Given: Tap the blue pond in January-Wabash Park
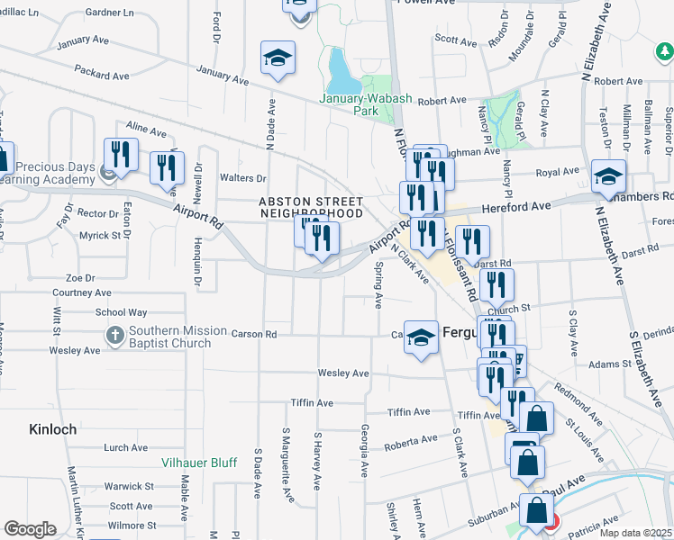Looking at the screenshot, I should pos(340,65).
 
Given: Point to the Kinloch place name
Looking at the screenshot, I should pos(52,429).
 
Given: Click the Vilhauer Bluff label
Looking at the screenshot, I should pos(199,463).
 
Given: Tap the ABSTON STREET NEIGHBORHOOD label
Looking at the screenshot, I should pos(311,207).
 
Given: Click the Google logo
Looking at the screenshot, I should pos(30,529).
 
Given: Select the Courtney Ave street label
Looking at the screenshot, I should pos(82,292).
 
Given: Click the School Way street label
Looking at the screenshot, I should pos(121,312).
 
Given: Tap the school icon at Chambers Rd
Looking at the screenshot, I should pos(609,175).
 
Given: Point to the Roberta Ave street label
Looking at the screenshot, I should pos(410,441).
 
